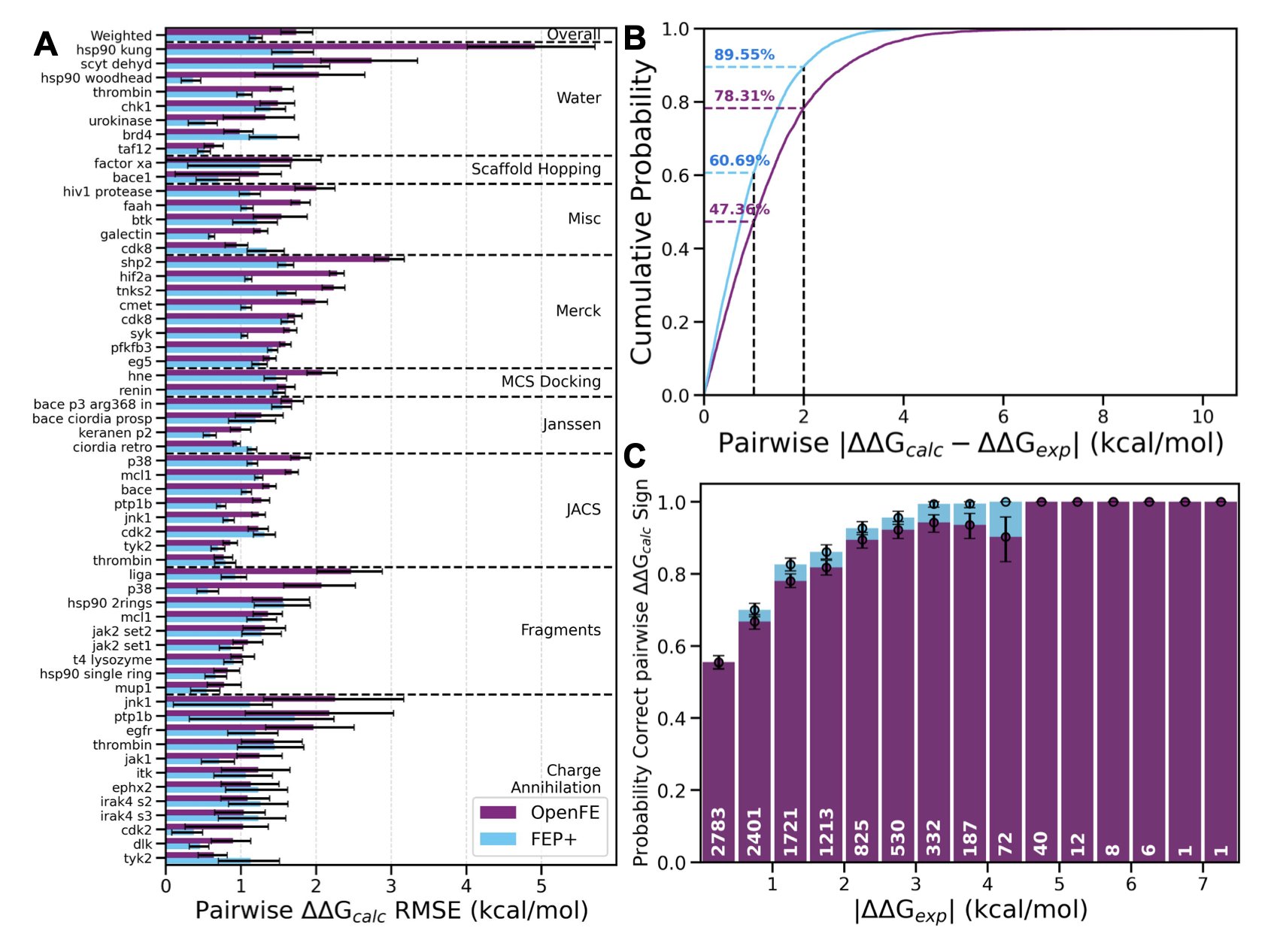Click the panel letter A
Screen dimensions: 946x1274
(x=46, y=44)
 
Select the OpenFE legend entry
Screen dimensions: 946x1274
(x=540, y=812)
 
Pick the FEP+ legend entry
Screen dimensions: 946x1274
(x=540, y=838)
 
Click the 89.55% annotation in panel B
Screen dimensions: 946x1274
(x=744, y=55)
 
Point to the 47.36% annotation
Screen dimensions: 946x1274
(x=739, y=209)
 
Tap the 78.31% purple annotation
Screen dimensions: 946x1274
(x=744, y=96)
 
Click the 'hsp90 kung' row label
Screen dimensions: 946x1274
(x=114, y=50)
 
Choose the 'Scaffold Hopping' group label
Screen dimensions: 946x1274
(x=535, y=169)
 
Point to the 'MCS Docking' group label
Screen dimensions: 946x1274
(x=551, y=381)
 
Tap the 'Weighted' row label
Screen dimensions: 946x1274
(x=121, y=35)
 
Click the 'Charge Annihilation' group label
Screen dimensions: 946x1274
(x=556, y=778)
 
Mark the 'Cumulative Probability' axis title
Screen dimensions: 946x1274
(x=642, y=212)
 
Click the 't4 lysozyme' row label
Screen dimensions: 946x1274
(x=112, y=659)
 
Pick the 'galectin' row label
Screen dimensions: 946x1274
(x=126, y=234)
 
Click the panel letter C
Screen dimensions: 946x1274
(x=635, y=456)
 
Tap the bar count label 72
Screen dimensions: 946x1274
(x=1006, y=843)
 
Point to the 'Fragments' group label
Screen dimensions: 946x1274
(x=560, y=630)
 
